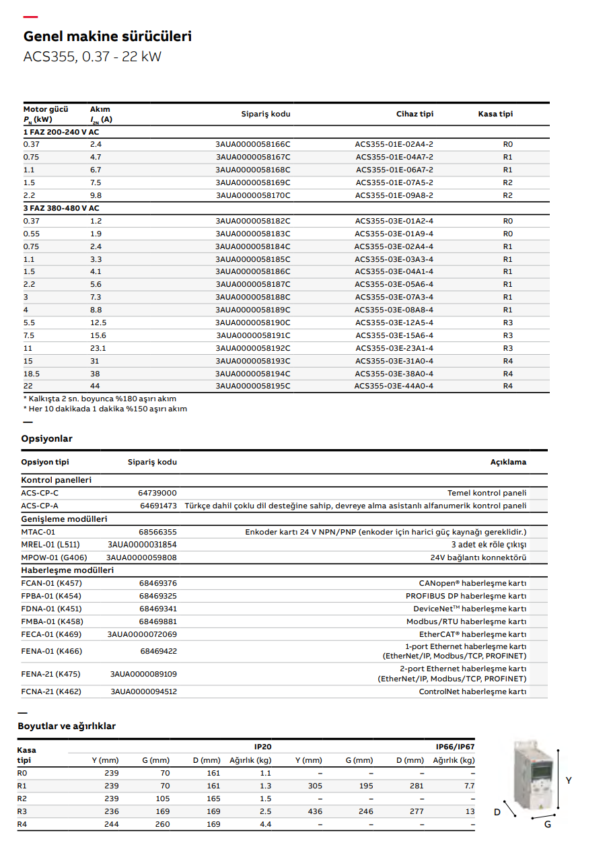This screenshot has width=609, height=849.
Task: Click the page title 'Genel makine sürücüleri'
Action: (x=108, y=36)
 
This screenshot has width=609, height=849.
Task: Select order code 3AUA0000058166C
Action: (x=253, y=144)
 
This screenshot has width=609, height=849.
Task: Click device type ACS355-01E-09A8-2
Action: (x=394, y=195)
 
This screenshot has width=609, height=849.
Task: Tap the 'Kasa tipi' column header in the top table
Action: (x=495, y=114)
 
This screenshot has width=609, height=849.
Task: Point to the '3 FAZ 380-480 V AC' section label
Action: (x=61, y=208)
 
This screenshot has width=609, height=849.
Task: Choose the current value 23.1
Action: (x=98, y=348)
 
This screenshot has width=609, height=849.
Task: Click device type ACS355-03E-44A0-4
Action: (x=394, y=386)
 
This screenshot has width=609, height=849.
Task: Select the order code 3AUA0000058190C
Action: (x=253, y=322)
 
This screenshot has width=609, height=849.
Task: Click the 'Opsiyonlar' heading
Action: (x=47, y=438)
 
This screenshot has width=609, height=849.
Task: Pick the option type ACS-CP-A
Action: (x=40, y=506)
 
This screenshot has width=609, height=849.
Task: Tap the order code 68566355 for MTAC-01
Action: (x=158, y=532)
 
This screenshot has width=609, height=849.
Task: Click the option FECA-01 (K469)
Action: (x=52, y=634)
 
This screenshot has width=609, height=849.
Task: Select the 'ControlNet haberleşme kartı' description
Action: (x=472, y=691)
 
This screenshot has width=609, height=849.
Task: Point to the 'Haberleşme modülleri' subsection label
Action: (x=67, y=570)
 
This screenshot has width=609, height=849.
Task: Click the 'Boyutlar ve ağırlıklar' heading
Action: (x=67, y=726)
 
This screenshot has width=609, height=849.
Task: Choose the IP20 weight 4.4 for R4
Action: (x=265, y=824)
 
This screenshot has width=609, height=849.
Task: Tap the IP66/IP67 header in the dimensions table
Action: (x=455, y=747)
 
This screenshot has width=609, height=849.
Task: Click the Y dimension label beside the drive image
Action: (x=569, y=780)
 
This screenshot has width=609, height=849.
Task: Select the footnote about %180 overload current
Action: (x=100, y=399)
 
